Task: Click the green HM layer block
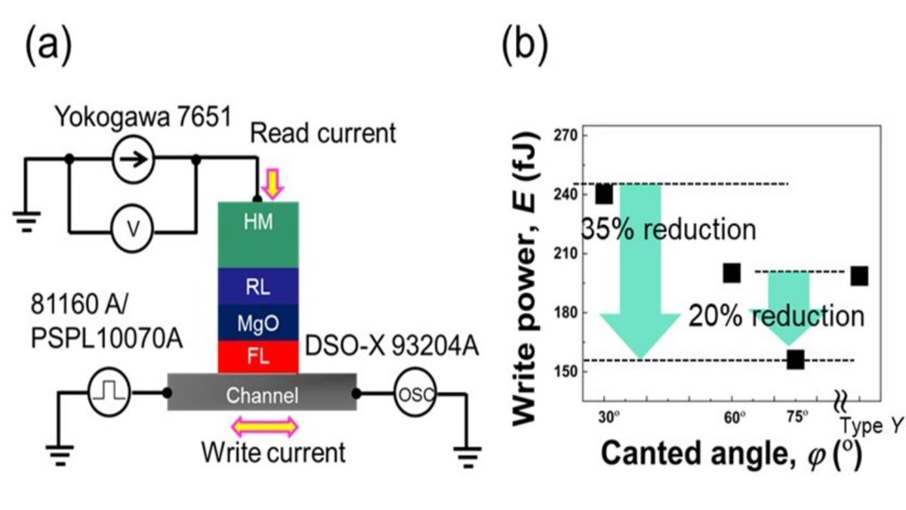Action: [x=258, y=234]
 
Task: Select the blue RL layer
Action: [x=258, y=286]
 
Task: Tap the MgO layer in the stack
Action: [x=258, y=321]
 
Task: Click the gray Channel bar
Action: [x=261, y=393]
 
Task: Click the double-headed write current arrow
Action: [x=264, y=428]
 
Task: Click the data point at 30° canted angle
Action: [x=604, y=194]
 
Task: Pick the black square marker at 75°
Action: [x=795, y=359]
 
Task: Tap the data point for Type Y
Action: [x=860, y=276]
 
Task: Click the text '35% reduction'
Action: [x=667, y=229]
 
